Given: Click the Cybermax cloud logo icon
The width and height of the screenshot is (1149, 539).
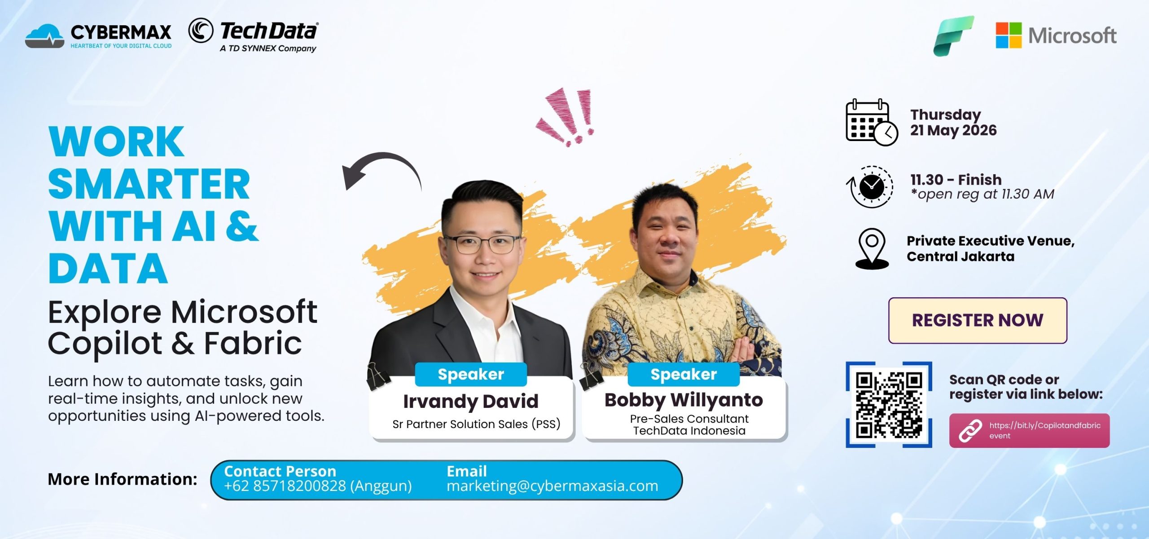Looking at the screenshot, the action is tap(44, 35).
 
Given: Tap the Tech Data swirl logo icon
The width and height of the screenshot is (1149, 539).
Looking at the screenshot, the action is tap(200, 31).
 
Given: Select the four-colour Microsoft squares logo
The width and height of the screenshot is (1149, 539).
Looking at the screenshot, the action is tap(1009, 35).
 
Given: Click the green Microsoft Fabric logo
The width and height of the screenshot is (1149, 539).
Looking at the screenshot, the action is tap(953, 35).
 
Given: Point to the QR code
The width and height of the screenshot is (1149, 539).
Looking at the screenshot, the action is tap(889, 405).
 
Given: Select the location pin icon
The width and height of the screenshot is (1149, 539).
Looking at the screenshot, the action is tap(872, 249).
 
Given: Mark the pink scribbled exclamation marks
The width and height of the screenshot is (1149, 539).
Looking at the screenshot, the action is tap(566, 117).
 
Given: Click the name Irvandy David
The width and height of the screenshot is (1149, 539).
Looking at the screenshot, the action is tap(471, 401).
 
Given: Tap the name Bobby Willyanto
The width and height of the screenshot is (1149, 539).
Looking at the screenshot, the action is tap(684, 400).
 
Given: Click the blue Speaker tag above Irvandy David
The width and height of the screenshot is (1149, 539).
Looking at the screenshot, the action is tap(471, 374).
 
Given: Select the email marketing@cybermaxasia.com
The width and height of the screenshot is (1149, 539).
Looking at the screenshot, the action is tap(553, 486).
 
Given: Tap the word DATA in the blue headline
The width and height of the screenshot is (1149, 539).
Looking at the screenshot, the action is tap(108, 268).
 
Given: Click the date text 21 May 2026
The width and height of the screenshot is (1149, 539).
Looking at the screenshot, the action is tap(953, 130).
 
